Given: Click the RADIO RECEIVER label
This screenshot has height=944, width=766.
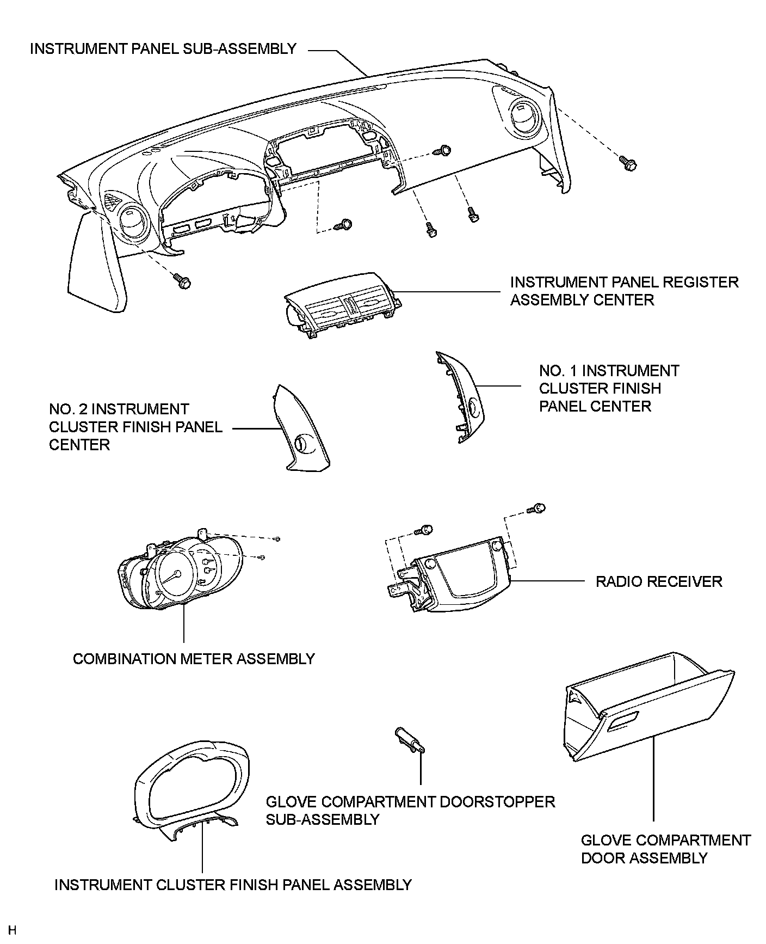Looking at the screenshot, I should [x=658, y=581].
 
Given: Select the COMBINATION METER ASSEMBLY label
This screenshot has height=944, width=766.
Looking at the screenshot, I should [x=194, y=659].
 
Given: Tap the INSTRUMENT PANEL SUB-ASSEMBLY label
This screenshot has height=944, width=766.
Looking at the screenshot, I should [x=163, y=49].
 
